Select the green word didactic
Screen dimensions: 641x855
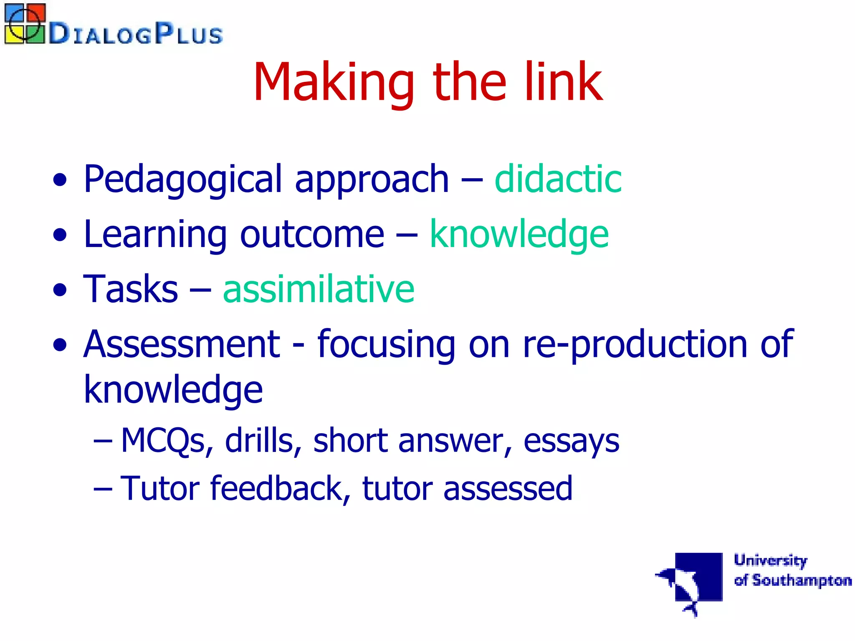pyautogui.click(x=558, y=179)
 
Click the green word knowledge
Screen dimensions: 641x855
pyautogui.click(x=519, y=235)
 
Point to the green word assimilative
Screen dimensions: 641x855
pyautogui.click(x=319, y=289)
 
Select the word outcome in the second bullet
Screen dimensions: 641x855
pyautogui.click(x=312, y=235)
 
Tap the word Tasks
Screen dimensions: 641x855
pyautogui.click(x=131, y=289)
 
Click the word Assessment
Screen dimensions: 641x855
pyautogui.click(x=182, y=344)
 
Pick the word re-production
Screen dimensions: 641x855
pyautogui.click(x=635, y=344)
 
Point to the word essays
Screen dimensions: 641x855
pyautogui.click(x=571, y=441)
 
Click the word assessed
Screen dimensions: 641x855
pyautogui.click(x=508, y=488)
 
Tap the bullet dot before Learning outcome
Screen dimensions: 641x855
pyautogui.click(x=60, y=235)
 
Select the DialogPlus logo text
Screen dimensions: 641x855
pyautogui.click(x=136, y=33)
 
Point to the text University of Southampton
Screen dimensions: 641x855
pyautogui.click(x=792, y=570)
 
